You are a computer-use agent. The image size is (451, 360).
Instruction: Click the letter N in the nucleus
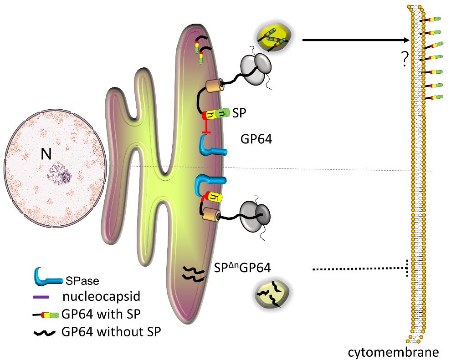(x=46, y=155)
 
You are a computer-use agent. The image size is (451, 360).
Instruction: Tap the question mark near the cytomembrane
(x=403, y=59)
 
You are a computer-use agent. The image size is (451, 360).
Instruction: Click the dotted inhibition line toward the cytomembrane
(x=360, y=270)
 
